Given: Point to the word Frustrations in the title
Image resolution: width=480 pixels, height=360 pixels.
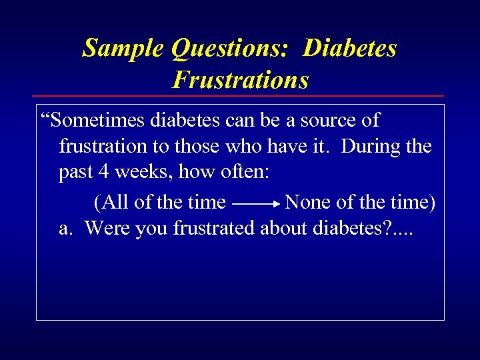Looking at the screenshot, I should click(240, 80).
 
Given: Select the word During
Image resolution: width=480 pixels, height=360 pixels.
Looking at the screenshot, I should click(369, 147).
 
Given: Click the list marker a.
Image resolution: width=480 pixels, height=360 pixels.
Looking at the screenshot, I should click(65, 229).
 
